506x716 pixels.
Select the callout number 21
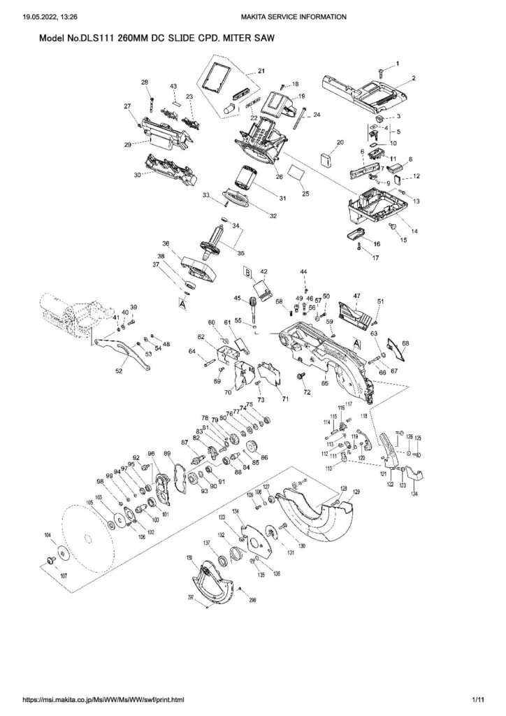click(261, 71)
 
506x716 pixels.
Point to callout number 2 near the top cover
click(414, 78)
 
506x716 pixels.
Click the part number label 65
click(324, 384)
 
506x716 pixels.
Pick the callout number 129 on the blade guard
click(356, 494)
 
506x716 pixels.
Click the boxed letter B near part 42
click(246, 269)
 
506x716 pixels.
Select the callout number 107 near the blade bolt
click(64, 576)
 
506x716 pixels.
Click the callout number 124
click(414, 495)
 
